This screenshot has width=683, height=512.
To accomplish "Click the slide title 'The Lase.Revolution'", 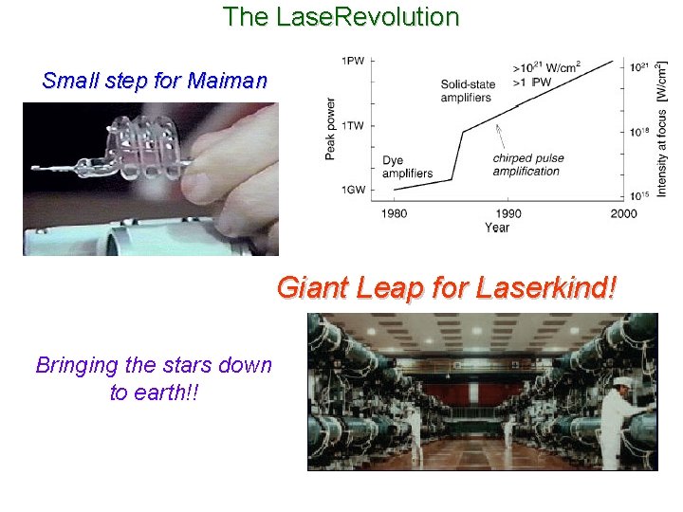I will (341, 16).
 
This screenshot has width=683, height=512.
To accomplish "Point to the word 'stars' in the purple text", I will (183, 365).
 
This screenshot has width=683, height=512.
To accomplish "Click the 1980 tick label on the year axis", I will (394, 213).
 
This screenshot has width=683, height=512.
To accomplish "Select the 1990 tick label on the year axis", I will (508, 213).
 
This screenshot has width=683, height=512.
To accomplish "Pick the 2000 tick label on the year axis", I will (623, 213).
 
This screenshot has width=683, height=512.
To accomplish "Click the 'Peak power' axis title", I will (330, 128).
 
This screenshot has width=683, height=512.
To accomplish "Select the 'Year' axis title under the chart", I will (496, 228).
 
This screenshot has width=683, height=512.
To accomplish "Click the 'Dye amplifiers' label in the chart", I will (407, 167).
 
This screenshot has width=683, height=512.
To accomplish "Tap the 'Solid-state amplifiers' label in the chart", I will (466, 91).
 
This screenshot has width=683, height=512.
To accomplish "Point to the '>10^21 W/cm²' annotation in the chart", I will (545, 66).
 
